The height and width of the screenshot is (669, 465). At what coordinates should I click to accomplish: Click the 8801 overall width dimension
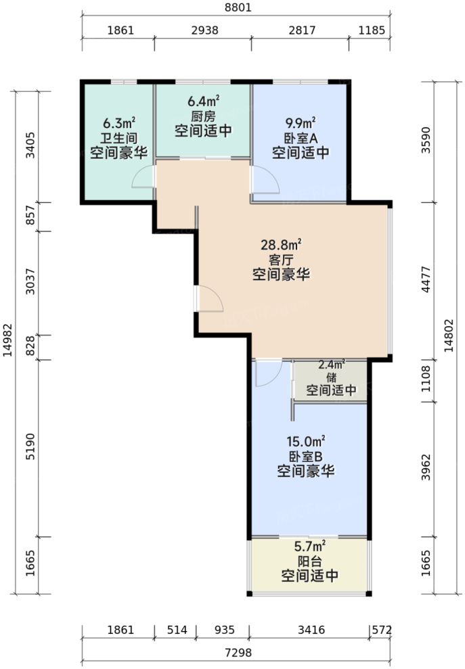[236, 8]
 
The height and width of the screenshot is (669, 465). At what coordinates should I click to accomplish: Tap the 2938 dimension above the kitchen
[203, 30]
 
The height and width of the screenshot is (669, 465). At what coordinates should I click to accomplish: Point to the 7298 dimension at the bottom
[237, 653]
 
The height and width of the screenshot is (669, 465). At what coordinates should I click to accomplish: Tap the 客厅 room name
[282, 259]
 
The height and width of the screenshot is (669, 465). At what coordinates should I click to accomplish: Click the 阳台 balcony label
[309, 561]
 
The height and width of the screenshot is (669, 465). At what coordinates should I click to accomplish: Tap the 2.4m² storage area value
[332, 364]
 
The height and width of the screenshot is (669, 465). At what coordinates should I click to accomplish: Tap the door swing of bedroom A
[266, 180]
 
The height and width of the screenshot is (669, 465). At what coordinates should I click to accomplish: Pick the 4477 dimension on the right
[425, 280]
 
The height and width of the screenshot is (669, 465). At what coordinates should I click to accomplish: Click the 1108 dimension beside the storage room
[425, 381]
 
